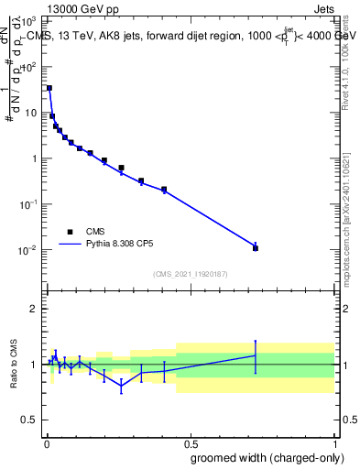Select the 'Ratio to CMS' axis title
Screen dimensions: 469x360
click(x=14, y=364)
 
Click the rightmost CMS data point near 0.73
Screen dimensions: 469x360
click(x=256, y=248)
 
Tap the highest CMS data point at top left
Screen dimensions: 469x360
click(x=49, y=88)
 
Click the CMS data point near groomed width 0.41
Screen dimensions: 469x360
click(x=164, y=190)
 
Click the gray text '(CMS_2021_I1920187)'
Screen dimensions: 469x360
click(x=191, y=274)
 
